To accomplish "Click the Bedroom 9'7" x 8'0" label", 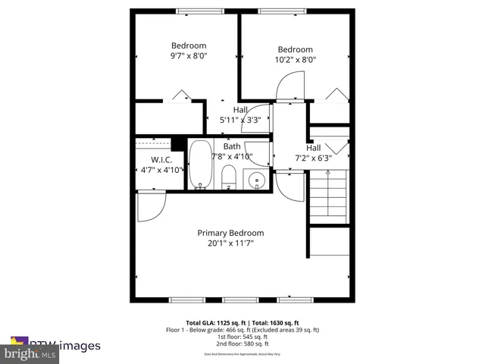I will click(x=188, y=50).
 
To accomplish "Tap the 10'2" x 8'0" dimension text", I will click(x=295, y=59).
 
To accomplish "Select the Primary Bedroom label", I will click(x=230, y=233).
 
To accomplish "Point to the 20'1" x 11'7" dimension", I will click(x=230, y=243).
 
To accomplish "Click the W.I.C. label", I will click(x=161, y=160).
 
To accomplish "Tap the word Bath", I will click(x=232, y=146).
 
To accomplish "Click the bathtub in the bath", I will click(x=200, y=164).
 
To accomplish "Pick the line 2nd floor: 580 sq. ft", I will click(x=242, y=345).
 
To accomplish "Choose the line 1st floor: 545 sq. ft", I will click(x=242, y=337).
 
